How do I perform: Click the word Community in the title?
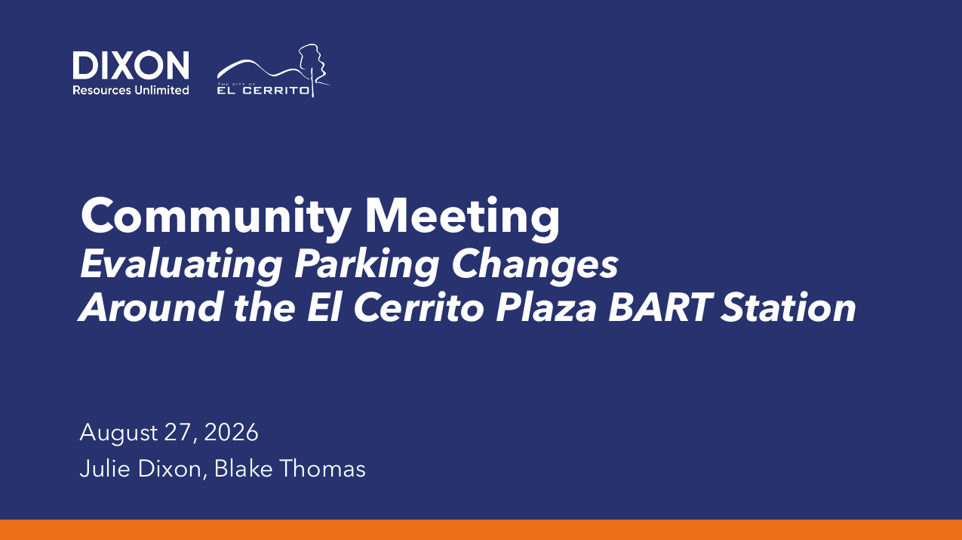[x=216, y=217]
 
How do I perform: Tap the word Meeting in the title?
[x=462, y=217]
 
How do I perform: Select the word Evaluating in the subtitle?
[x=181, y=265]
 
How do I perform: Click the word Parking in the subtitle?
[x=367, y=265]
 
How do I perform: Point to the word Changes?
[x=535, y=265]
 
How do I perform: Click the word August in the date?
[x=119, y=433]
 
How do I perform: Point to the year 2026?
[x=231, y=432]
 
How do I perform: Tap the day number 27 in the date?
[x=179, y=433]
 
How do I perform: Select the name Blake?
[x=243, y=468]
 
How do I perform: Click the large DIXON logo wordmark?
[x=131, y=65]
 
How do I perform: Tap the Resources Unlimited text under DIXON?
[x=131, y=90]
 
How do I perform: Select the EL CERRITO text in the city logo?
[x=263, y=91]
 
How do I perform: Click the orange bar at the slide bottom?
[x=481, y=529]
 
